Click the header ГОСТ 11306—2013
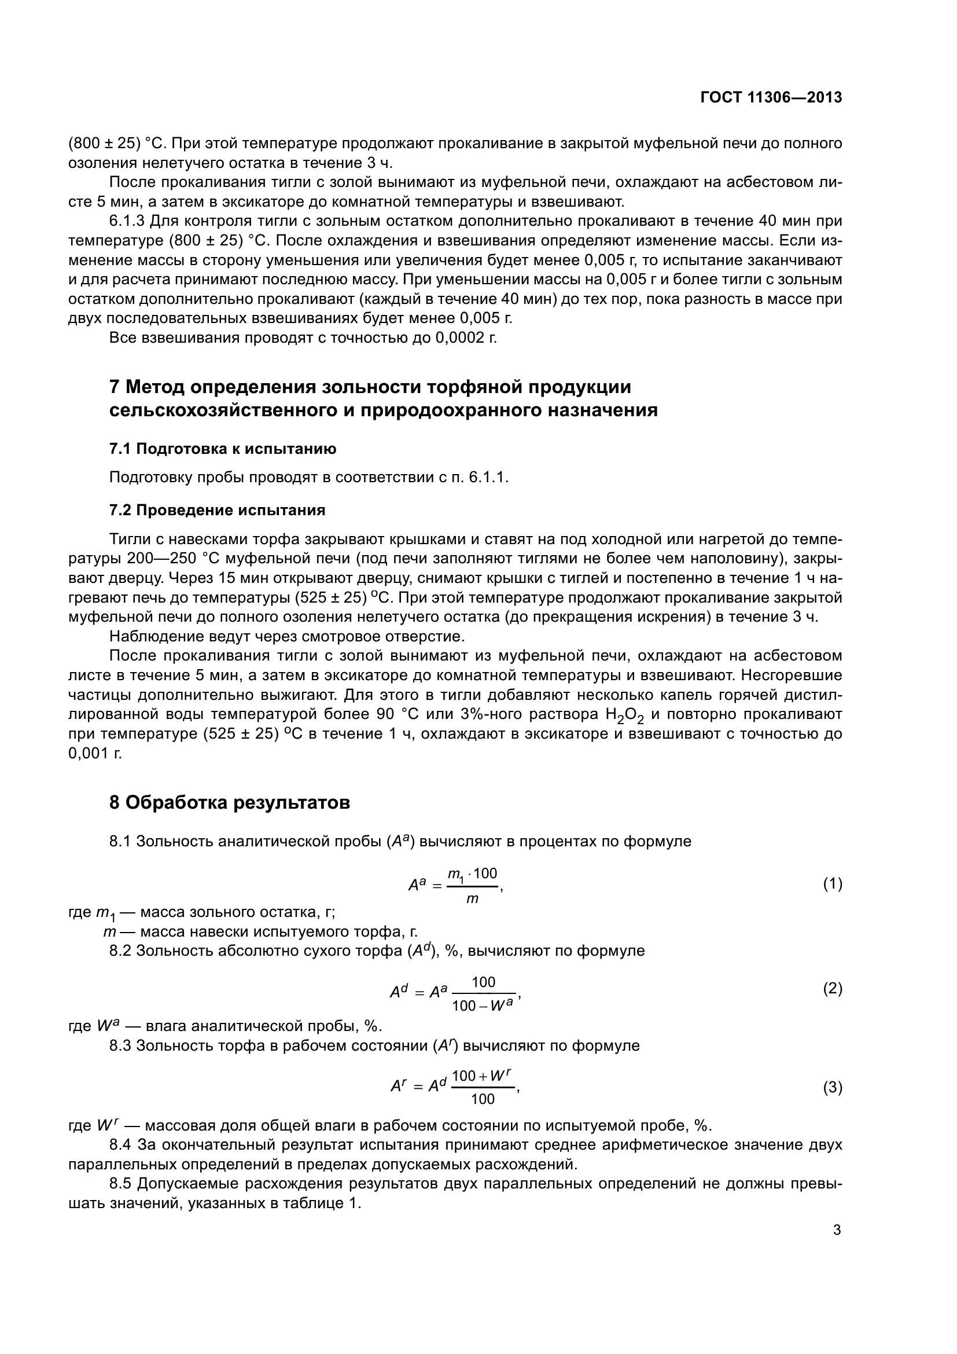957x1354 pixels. (771, 98)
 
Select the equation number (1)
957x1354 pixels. (832, 883)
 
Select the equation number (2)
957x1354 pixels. (832, 988)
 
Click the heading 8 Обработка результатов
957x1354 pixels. (230, 802)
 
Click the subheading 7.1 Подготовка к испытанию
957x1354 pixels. (223, 449)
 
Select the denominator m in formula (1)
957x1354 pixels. (472, 899)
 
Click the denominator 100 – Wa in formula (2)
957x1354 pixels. (482, 1005)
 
